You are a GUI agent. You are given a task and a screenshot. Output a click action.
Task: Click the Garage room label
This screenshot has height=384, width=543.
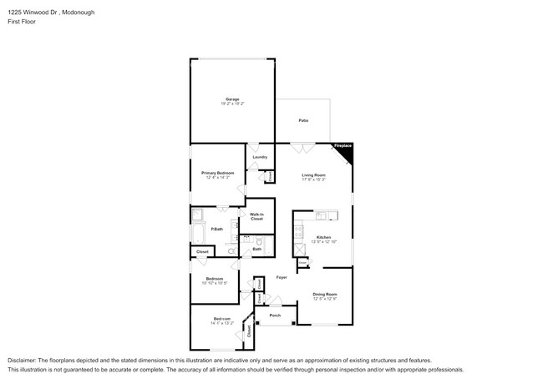pyautogui.click(x=232, y=99)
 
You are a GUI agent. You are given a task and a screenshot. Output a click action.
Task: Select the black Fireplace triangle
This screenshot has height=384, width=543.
pyautogui.click(x=346, y=152)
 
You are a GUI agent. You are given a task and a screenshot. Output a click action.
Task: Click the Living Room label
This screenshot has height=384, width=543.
pyautogui.click(x=313, y=174)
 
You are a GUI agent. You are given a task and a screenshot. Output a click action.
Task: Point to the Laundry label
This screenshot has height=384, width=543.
pyautogui.click(x=260, y=157)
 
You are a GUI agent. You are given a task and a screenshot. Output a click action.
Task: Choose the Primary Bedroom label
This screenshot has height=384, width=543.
pyautogui.click(x=217, y=173)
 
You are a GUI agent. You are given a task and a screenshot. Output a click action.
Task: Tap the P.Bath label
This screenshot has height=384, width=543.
pyautogui.click(x=216, y=229)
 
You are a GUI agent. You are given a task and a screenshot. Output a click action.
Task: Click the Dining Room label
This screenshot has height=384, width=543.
pyautogui.click(x=325, y=294)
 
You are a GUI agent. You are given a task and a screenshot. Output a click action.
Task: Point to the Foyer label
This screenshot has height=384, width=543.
pyautogui.click(x=282, y=276)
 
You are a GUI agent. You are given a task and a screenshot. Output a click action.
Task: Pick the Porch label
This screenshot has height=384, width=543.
pyautogui.click(x=274, y=316)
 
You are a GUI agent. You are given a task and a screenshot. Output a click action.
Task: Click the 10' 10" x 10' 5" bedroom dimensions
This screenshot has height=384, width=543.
pyautogui.click(x=216, y=283)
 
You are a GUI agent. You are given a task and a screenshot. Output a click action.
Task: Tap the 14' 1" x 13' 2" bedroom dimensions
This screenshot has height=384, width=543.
pyautogui.click(x=221, y=323)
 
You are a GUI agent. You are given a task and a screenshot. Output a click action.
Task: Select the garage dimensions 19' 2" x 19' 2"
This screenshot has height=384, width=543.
pyautogui.click(x=232, y=104)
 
